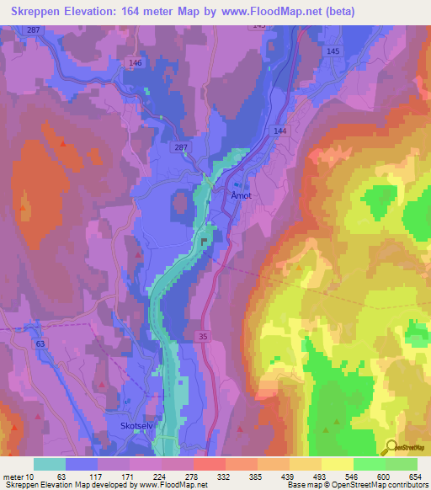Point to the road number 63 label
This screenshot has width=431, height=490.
[x=40, y=344]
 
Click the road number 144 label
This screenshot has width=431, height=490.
[x=279, y=132]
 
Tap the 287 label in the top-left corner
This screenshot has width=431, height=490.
[x=34, y=29]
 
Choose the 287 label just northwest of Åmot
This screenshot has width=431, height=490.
[x=180, y=148]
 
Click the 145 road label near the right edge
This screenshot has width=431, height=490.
[x=333, y=51]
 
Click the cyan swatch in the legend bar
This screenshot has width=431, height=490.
[x=50, y=464]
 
